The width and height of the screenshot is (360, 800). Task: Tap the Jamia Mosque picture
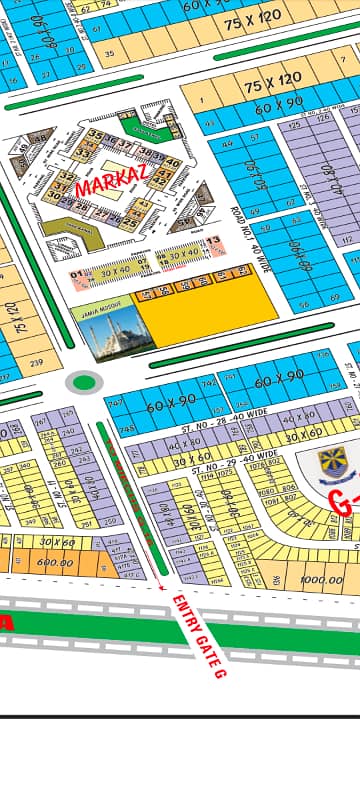(105, 330)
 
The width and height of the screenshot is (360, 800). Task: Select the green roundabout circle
(85, 381)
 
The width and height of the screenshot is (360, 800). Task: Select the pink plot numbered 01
(77, 272)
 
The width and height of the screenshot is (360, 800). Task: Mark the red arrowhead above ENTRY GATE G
(163, 588)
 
